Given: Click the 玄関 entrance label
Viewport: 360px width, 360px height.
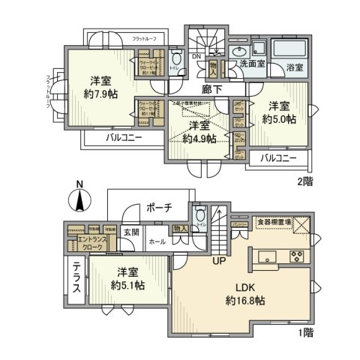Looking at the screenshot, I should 130,232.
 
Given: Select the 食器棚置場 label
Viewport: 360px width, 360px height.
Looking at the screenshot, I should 271,222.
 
